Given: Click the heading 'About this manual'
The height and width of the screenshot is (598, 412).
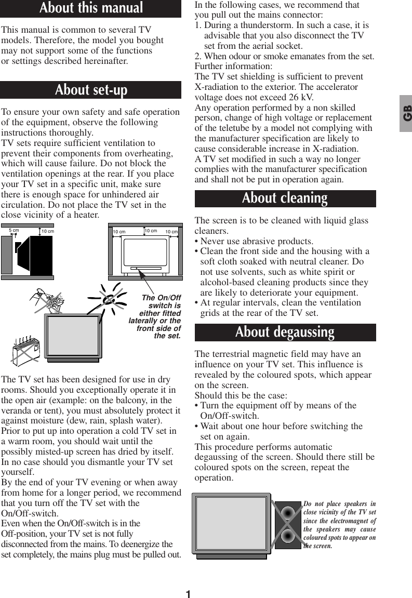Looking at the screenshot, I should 91,8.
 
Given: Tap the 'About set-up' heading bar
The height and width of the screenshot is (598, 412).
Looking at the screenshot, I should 91,90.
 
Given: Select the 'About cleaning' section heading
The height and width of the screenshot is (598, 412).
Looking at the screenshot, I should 285,198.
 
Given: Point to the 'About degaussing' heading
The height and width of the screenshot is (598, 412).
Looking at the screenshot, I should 285,332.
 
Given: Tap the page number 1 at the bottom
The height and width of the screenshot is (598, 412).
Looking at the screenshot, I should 188,594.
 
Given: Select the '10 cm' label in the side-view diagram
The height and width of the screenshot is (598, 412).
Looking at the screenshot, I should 47,231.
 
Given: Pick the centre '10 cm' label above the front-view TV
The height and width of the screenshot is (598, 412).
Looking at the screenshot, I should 151,230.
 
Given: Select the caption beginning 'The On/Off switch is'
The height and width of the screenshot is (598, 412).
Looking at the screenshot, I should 156,317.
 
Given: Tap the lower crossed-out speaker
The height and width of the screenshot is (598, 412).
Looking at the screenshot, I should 288,535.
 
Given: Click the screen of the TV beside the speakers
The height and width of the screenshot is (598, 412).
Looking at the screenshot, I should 231,523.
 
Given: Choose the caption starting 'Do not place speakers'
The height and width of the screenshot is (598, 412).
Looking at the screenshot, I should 340,525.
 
